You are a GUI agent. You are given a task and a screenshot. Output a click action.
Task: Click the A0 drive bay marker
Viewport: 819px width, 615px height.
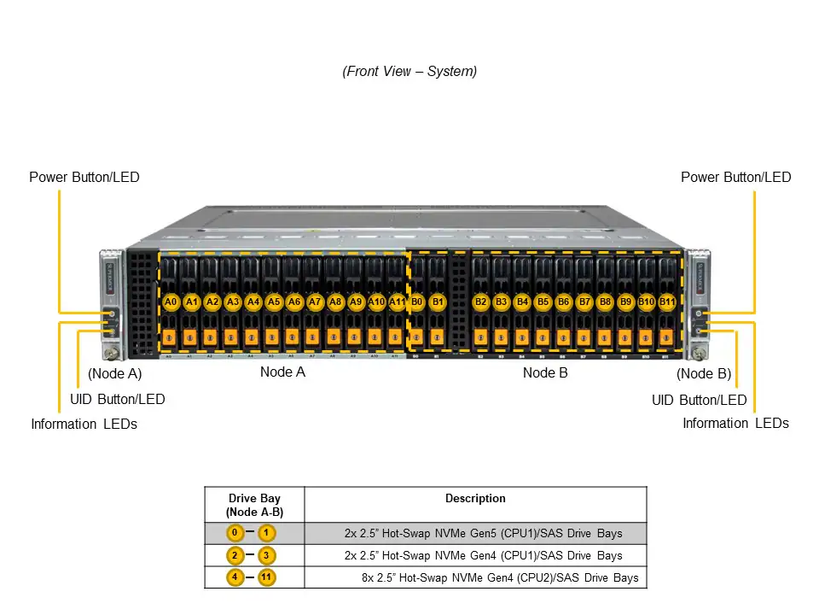[x=171, y=302]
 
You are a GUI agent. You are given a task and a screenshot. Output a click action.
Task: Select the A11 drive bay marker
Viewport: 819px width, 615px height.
[x=398, y=302]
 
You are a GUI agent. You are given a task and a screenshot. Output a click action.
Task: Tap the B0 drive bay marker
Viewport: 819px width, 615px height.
[x=417, y=302]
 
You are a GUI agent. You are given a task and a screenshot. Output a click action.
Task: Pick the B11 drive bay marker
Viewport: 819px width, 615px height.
[x=667, y=302]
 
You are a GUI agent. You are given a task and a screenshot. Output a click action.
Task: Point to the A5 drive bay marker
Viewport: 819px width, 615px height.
[x=274, y=302]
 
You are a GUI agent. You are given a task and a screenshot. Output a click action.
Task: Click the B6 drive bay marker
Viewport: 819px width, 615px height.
[x=563, y=302]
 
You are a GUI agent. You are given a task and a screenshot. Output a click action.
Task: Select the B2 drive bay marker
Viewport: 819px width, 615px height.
[x=480, y=302]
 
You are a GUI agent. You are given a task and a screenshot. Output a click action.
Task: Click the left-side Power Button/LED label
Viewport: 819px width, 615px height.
[x=84, y=178]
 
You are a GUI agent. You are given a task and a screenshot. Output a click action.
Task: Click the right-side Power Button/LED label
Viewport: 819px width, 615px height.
[x=735, y=178]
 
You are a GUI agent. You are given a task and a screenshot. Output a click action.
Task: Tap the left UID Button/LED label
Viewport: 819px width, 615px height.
[x=117, y=399]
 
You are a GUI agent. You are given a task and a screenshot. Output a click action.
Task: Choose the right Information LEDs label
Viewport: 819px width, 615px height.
[x=735, y=423]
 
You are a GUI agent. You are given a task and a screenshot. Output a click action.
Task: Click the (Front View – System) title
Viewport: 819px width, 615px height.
[x=409, y=72]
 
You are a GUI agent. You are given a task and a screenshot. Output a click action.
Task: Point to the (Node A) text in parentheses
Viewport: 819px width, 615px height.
[x=115, y=373]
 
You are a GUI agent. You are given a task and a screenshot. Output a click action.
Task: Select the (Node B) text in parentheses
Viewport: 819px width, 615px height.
[x=704, y=373]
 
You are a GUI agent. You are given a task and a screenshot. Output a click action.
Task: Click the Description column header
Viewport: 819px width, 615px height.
[x=475, y=499]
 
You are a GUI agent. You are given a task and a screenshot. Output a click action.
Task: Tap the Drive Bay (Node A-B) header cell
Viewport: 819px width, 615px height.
[x=254, y=505]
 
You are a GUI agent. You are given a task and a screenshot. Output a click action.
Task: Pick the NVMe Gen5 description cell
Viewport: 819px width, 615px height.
[x=483, y=533]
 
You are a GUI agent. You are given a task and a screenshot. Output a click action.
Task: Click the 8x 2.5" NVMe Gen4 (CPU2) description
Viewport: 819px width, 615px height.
[x=500, y=578]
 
